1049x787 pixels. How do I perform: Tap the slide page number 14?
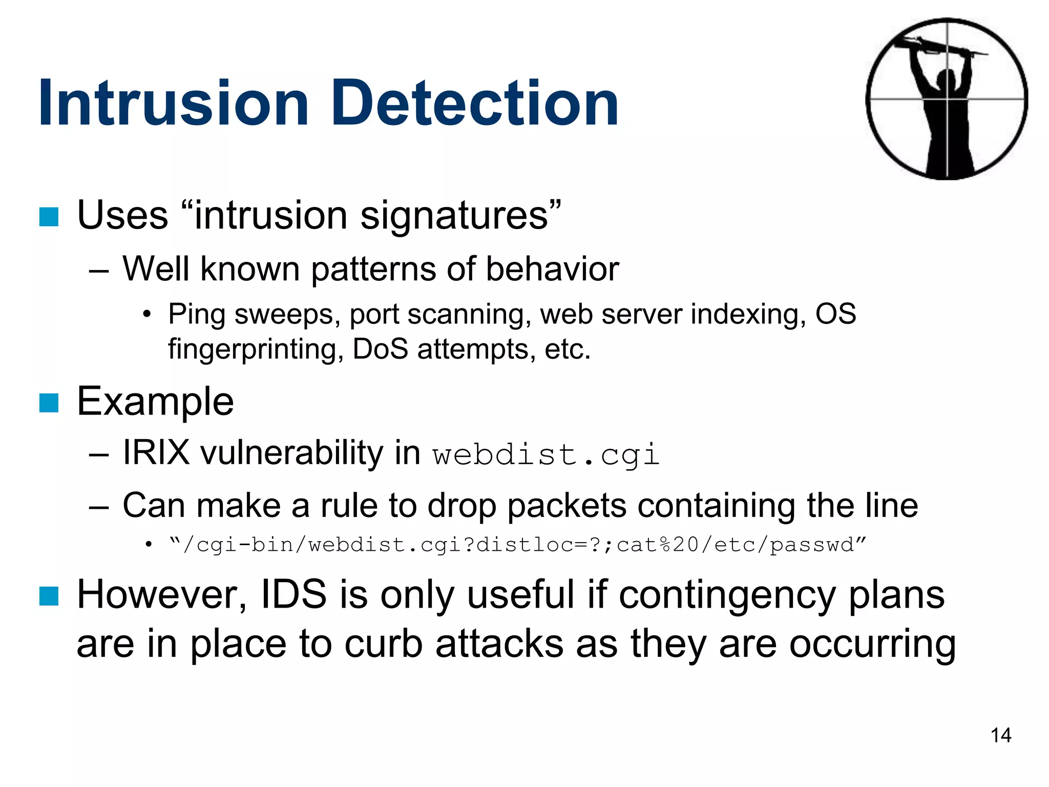pos(1000,735)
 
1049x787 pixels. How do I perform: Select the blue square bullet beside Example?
pos(49,403)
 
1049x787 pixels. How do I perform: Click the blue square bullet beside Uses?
pos(49,217)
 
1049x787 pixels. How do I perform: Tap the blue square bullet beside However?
pos(49,596)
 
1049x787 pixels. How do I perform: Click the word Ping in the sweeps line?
pos(197,315)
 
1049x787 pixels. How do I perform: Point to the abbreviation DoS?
pos(380,350)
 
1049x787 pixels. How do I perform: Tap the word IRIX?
pos(156,453)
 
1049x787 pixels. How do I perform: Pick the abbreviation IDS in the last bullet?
pos(293,595)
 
